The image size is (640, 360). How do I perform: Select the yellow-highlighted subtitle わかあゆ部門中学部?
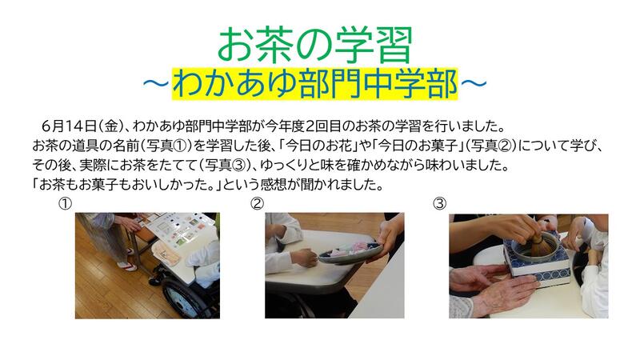(314, 84)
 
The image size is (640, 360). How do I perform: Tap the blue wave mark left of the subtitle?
(156, 84)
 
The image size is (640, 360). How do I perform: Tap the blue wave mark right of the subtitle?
(474, 84)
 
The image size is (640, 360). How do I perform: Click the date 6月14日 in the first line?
(69, 126)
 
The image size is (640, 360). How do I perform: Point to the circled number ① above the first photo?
(65, 203)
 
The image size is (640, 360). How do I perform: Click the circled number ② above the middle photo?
(257, 203)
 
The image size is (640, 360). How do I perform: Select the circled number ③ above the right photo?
(439, 203)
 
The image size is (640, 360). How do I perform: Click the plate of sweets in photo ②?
(350, 252)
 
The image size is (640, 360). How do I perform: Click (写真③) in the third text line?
(226, 166)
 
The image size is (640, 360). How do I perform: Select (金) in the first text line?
(110, 126)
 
